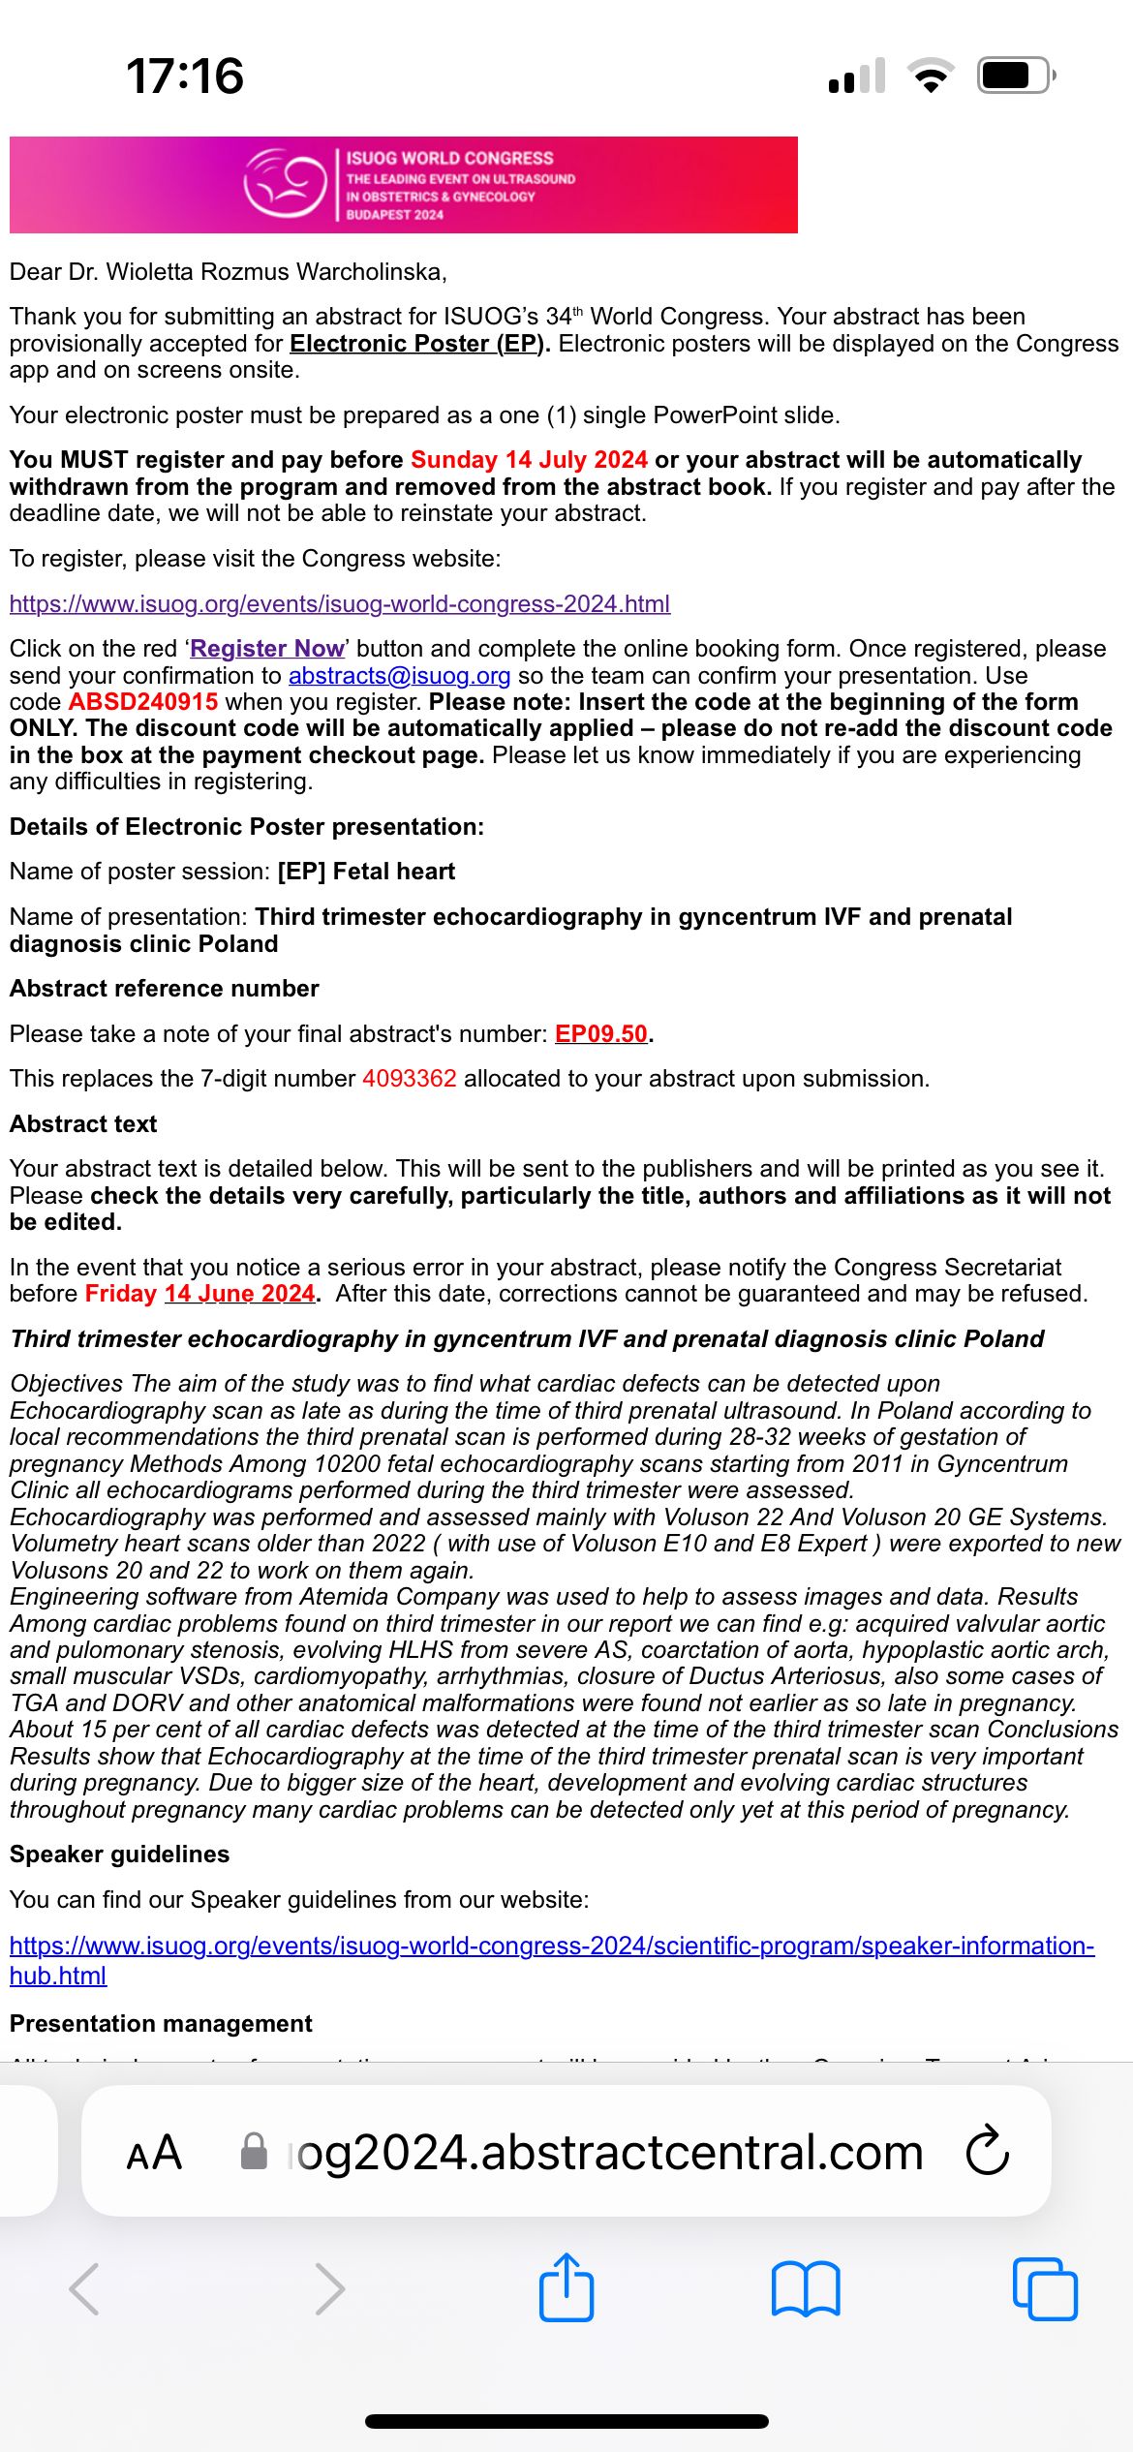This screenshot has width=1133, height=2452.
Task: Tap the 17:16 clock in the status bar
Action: click(185, 76)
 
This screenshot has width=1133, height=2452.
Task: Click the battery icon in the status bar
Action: click(1015, 76)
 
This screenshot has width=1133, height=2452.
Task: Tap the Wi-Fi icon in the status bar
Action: click(931, 76)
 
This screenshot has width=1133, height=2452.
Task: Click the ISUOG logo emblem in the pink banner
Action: click(285, 183)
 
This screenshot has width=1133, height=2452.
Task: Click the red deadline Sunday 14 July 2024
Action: click(529, 460)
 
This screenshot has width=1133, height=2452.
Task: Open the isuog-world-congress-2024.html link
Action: click(340, 604)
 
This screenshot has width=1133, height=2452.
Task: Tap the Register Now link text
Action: click(267, 649)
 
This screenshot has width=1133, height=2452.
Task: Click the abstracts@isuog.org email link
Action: click(399, 676)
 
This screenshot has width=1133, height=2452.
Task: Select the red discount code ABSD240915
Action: click(143, 702)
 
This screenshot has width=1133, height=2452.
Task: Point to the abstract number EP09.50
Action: click(600, 1034)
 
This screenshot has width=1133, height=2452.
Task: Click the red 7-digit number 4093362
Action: click(409, 1079)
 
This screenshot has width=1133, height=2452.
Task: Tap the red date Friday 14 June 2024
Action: click(200, 1294)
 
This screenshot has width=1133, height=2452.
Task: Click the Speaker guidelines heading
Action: click(120, 1854)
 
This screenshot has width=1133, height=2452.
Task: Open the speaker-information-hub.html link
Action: click(552, 1946)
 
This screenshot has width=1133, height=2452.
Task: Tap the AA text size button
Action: click(154, 2152)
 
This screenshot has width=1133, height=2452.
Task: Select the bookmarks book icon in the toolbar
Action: click(806, 2289)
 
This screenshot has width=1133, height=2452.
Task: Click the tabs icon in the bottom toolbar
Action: click(1044, 2289)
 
